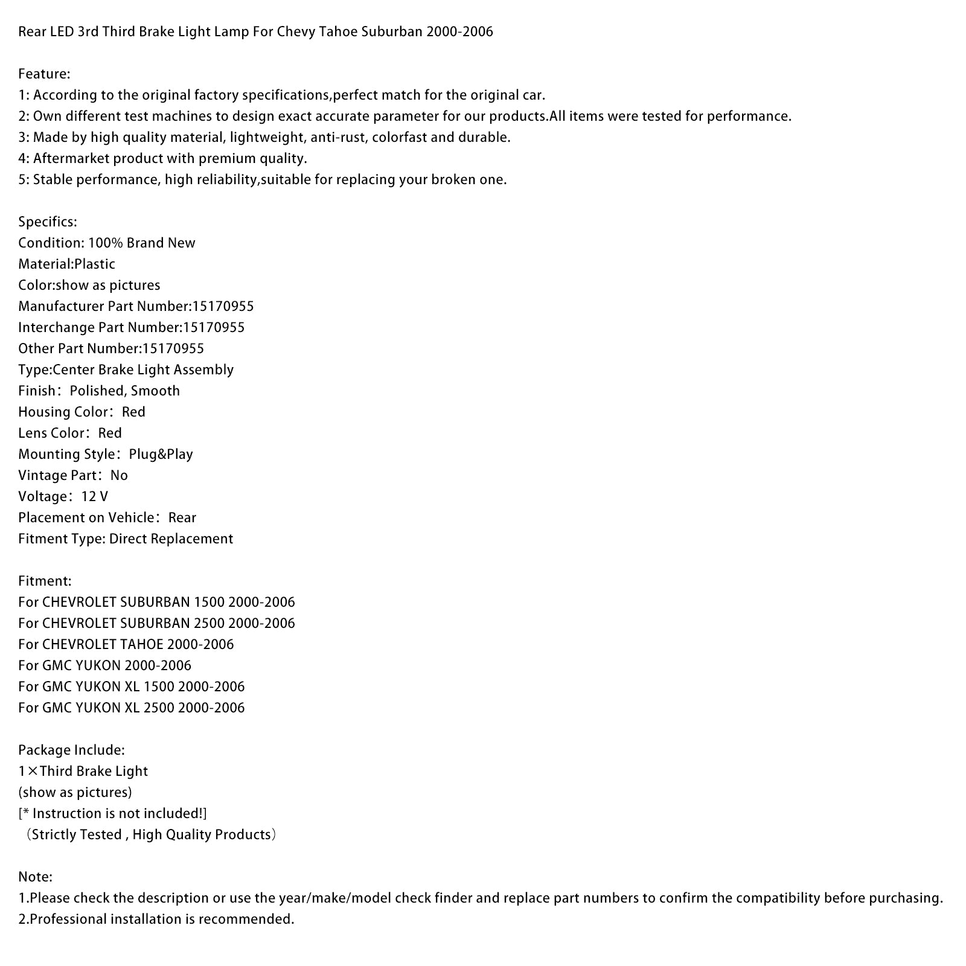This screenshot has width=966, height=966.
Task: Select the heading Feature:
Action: tap(44, 74)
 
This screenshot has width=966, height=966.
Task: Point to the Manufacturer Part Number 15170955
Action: tap(223, 306)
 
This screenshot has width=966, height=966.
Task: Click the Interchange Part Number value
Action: tap(214, 327)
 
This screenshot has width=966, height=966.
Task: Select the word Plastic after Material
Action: tap(95, 264)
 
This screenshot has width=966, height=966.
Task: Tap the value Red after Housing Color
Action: tap(133, 412)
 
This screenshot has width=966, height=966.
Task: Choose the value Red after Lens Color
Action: tap(110, 433)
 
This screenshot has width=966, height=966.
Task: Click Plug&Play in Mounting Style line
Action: tap(161, 454)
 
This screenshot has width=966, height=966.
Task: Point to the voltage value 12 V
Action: tap(95, 496)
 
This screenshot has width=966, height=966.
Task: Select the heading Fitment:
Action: tap(45, 581)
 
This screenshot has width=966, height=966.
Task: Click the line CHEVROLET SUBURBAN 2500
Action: tap(156, 623)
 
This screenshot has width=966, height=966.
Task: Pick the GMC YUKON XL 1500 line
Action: tap(131, 686)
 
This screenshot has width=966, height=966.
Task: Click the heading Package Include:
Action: tap(71, 750)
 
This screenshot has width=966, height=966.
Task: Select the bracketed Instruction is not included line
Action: tap(112, 813)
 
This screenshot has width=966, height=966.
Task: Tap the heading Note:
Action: tap(35, 877)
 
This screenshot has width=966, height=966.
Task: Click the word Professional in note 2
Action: tap(71, 919)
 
